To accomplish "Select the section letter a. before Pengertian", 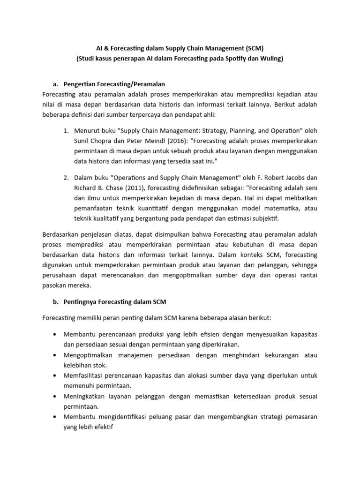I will tap(56, 84).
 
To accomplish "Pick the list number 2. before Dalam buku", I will tap(66, 178).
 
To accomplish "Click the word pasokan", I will tap(54, 285).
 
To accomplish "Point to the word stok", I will tap(100, 365).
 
